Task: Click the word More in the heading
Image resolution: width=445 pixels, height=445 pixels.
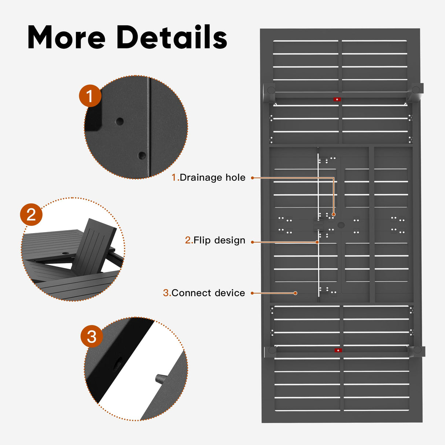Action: tap(67, 37)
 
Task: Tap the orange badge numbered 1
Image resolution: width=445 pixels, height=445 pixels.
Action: tap(90, 96)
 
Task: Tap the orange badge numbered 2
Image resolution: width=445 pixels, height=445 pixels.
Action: tap(31, 214)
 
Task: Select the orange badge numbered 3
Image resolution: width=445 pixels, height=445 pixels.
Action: tap(92, 336)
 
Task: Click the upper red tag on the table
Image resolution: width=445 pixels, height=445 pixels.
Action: tap(337, 99)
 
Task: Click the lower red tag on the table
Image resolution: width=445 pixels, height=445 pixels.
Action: tap(338, 350)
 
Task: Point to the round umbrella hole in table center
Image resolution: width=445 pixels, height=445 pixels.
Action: tap(341, 225)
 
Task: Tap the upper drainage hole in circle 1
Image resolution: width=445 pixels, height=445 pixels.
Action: tap(119, 121)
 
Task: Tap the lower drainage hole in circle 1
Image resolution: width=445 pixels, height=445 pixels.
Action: tap(142, 156)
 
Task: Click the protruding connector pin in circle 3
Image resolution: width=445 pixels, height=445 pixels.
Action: tap(161, 379)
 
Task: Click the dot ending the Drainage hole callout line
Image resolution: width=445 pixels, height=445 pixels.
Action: tap(334, 214)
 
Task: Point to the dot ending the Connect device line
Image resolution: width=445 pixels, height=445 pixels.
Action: tap(295, 293)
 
